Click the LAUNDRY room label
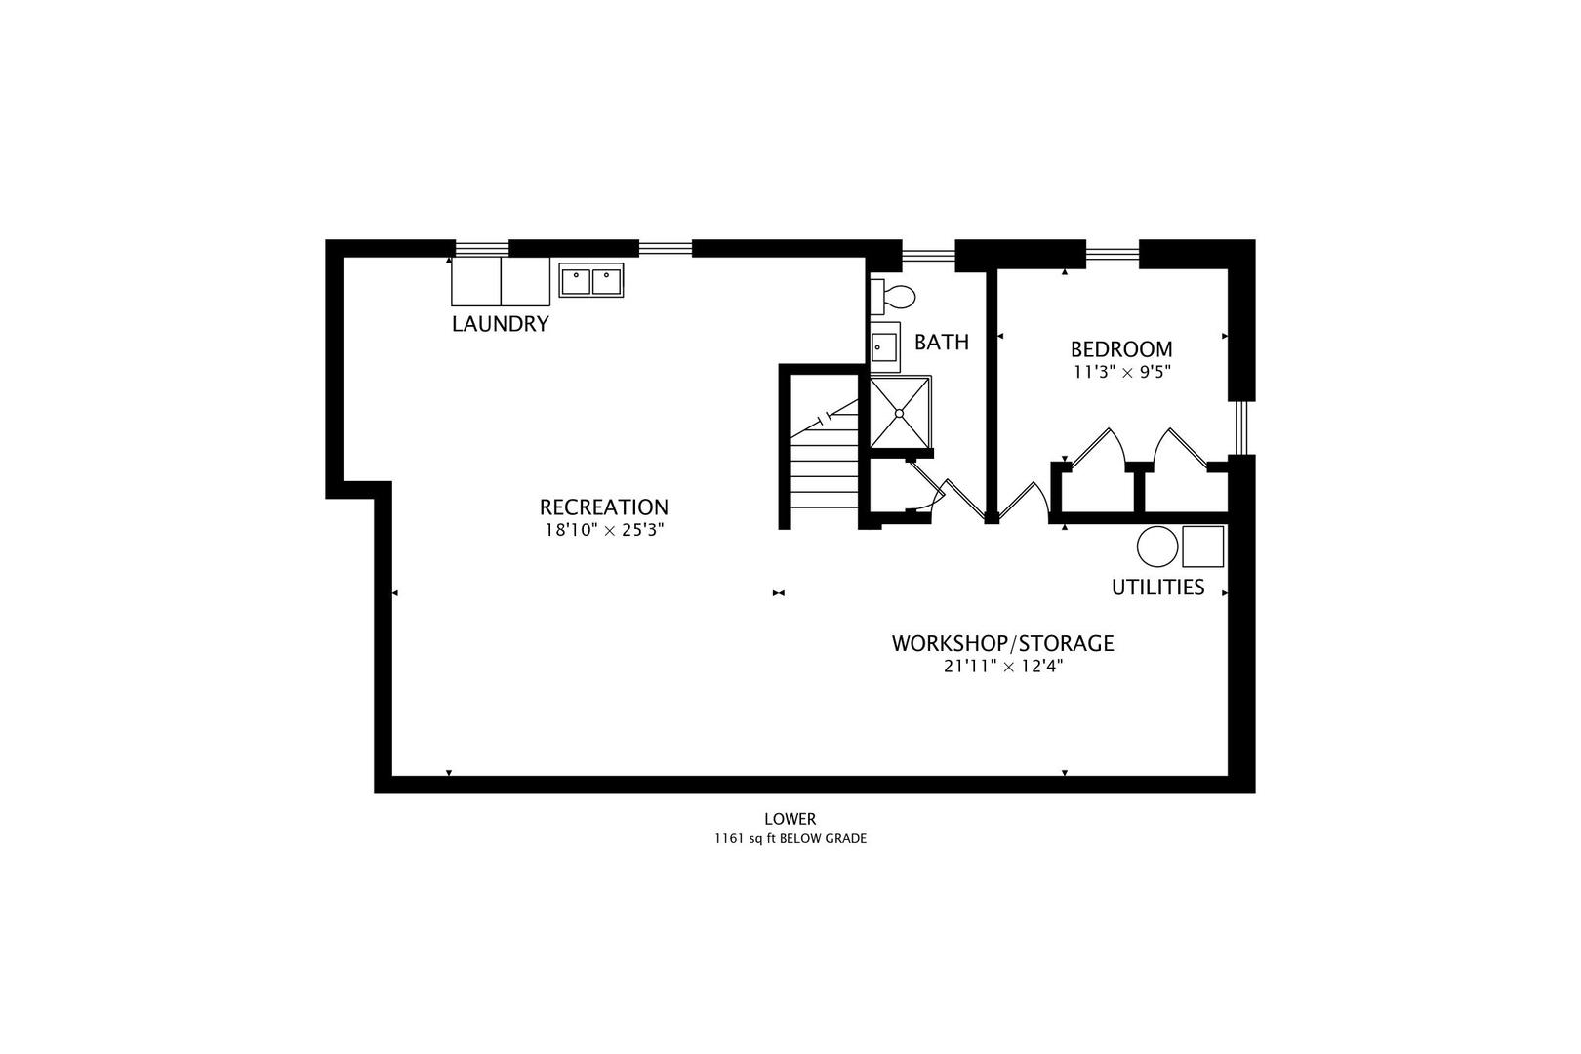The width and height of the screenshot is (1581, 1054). (x=500, y=324)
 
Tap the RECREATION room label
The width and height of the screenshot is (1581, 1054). (x=603, y=507)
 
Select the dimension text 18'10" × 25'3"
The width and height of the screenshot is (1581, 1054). (x=603, y=531)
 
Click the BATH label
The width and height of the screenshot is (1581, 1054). (x=942, y=343)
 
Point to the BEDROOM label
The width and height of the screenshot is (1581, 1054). (x=1121, y=349)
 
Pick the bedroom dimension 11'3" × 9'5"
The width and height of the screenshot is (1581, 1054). (x=1121, y=372)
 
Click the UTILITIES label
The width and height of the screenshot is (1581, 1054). (x=1157, y=588)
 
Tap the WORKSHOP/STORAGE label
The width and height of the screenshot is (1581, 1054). (x=1002, y=644)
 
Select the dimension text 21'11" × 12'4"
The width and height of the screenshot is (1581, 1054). (x=1002, y=668)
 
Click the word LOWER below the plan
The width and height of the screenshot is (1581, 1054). (x=790, y=820)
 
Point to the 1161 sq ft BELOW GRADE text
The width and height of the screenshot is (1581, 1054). (x=790, y=838)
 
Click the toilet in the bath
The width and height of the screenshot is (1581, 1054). (x=894, y=296)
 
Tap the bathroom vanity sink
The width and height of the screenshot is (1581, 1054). (x=885, y=346)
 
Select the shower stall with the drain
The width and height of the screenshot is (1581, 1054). (x=900, y=412)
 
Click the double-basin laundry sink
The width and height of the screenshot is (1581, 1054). (x=591, y=281)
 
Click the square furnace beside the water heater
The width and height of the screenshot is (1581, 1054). (x=1202, y=547)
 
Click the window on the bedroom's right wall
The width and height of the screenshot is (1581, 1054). (x=1240, y=427)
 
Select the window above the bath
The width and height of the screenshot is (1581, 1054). (x=927, y=256)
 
